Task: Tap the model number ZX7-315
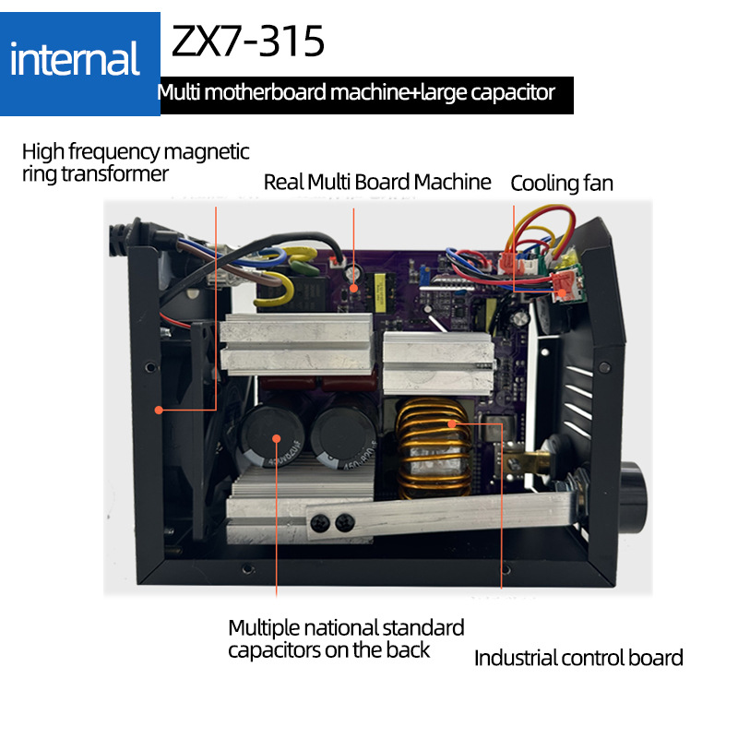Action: [247, 42]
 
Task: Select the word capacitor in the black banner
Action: [511, 92]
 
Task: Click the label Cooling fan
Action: [561, 183]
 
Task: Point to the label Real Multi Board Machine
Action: [377, 182]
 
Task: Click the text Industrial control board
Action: [578, 658]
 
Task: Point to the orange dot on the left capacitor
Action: [276, 454]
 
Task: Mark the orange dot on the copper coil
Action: [454, 423]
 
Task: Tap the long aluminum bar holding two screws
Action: [443, 517]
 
